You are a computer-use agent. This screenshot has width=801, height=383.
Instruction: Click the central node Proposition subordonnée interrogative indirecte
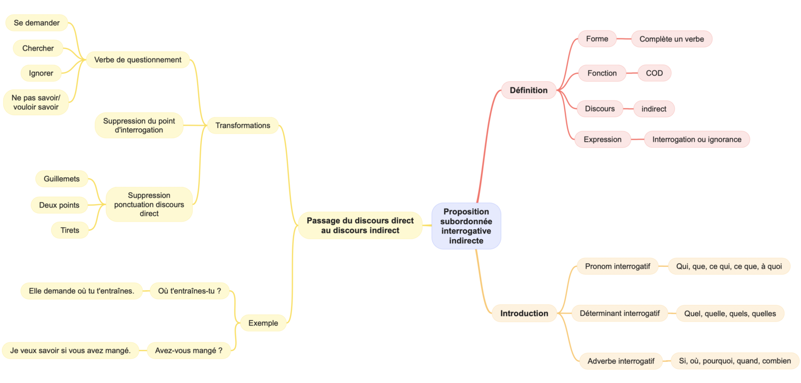pos(466,226)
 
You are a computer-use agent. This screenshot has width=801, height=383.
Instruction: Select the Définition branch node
pos(528,90)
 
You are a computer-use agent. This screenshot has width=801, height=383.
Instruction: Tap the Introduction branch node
pos(524,313)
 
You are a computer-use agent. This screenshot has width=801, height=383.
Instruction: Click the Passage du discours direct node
pos(360,225)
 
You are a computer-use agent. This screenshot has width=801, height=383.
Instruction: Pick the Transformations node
pos(242,125)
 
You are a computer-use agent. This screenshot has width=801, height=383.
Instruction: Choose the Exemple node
pos(263,323)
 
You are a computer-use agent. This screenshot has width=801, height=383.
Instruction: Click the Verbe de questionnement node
pos(138,60)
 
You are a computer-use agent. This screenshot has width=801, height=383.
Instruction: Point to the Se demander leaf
pos(37,23)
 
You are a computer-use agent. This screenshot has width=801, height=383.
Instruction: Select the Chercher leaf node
pos(38,48)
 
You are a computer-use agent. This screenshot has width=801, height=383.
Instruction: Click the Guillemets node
pos(62,179)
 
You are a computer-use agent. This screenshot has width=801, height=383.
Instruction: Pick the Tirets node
pos(69,230)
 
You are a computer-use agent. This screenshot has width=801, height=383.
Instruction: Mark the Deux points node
pos(59,205)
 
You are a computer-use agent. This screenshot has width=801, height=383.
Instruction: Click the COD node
pos(654,73)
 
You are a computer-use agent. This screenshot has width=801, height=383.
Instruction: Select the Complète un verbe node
pos(671,39)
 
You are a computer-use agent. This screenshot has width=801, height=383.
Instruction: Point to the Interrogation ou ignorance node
pos(697,139)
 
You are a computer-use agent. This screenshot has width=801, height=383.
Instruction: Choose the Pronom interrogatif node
pos(617,266)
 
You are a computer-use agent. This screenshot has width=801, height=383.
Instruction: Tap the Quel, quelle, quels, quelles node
pos(730,313)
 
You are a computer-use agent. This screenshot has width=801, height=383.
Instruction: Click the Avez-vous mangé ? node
pos(188,351)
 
